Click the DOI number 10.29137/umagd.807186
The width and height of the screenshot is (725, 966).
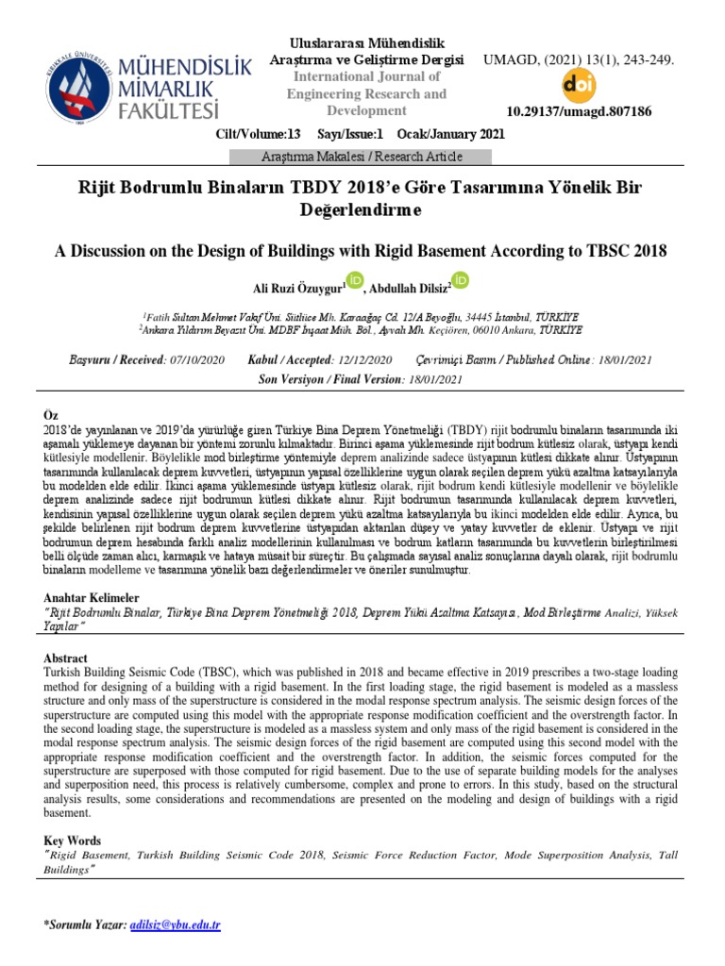(x=579, y=111)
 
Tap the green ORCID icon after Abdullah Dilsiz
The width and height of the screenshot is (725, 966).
(x=461, y=279)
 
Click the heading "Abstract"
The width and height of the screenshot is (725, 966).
(x=67, y=658)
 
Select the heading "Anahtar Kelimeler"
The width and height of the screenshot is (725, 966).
(x=92, y=598)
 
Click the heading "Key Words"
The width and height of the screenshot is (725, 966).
(x=73, y=841)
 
